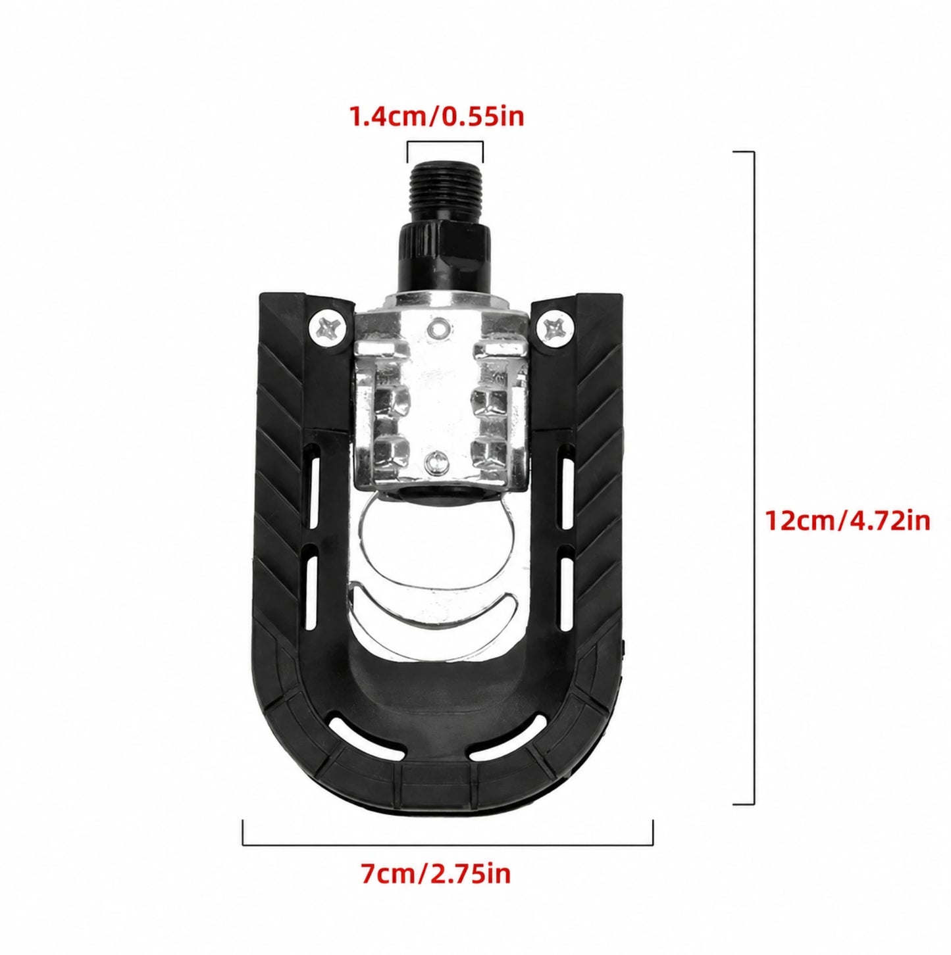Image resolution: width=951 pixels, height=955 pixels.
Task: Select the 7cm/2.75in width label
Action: coord(435,888)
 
